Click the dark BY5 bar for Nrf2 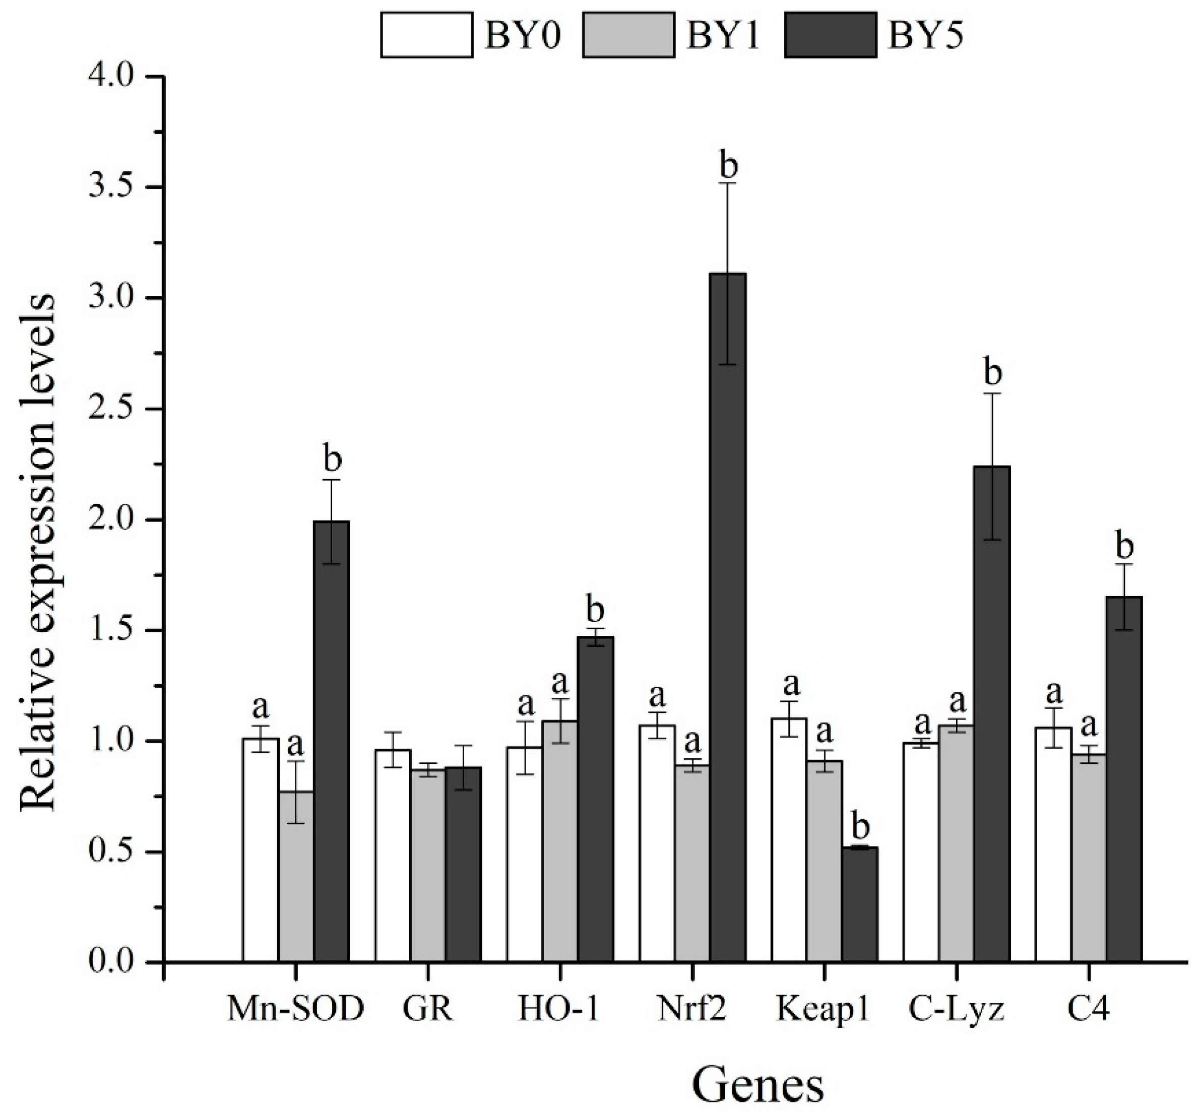[x=728, y=616]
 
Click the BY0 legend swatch [x=426, y=35]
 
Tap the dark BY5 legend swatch [x=830, y=35]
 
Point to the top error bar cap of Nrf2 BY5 [x=728, y=183]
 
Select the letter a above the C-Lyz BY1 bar [x=958, y=702]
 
